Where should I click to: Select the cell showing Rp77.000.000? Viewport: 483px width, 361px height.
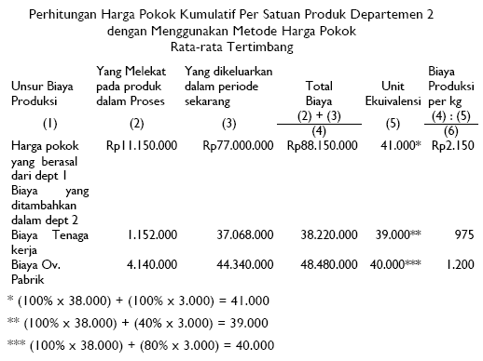(238, 146)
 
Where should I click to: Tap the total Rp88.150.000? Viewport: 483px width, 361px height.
(320, 146)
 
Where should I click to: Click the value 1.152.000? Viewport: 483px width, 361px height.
(146, 236)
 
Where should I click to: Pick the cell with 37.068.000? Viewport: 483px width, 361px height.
(244, 236)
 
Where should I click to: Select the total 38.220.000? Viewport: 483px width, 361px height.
(326, 236)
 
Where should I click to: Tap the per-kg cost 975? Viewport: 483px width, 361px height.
(462, 236)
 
